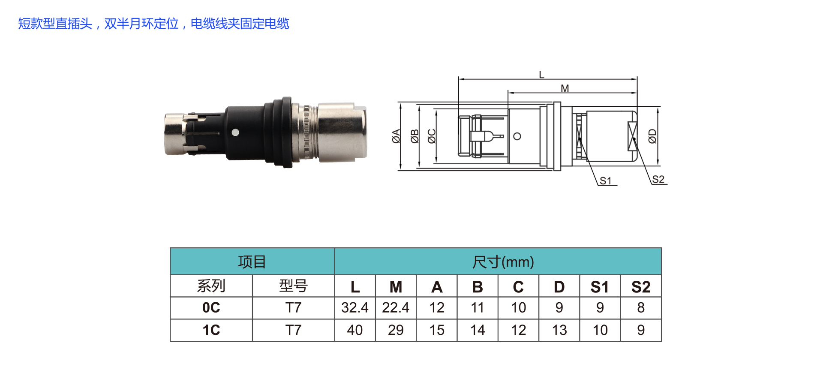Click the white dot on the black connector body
tap(235, 132)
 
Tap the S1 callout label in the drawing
tap(605, 181)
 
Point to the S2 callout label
tap(658, 180)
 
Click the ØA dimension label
tap(396, 136)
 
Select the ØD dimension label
tap(652, 136)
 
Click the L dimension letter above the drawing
tap(541, 75)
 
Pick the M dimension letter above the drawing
tap(565, 88)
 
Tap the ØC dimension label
tap(432, 136)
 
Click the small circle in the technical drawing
tap(517, 136)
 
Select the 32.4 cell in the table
tap(355, 307)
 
